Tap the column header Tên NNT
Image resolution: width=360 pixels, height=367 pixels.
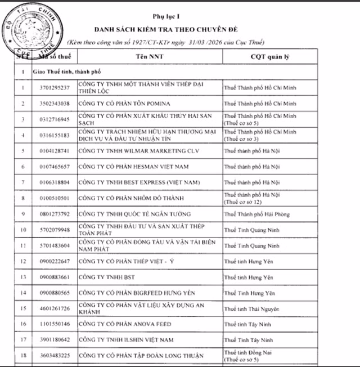(x=149, y=57)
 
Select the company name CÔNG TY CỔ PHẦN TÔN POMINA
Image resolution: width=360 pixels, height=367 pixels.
(x=124, y=104)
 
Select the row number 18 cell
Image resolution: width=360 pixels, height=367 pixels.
(x=23, y=356)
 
